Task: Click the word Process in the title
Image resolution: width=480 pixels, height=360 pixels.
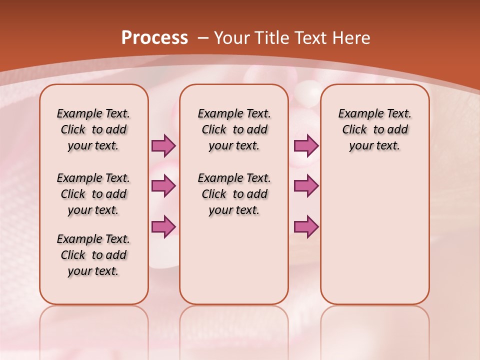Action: coord(154,37)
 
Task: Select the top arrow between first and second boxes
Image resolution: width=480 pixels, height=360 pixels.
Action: coord(163,145)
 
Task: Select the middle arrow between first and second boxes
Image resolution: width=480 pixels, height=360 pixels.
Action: coord(163,186)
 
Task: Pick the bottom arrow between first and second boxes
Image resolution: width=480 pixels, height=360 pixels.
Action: coord(163,226)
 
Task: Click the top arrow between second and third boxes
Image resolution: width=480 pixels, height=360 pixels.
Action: coord(306,145)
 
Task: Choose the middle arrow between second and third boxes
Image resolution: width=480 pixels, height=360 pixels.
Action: coord(306,186)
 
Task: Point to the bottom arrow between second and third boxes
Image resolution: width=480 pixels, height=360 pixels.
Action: coord(306,226)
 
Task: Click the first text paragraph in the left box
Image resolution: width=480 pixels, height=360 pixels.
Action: coord(93,129)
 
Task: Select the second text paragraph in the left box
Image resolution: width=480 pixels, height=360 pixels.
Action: coord(93,194)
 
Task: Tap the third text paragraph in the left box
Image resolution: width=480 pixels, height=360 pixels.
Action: coord(93,255)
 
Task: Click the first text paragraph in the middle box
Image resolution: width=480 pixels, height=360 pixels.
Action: coord(234,129)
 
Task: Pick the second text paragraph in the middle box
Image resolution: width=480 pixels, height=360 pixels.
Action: coord(234,194)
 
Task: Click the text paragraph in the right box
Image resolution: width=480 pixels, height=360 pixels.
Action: coord(375,129)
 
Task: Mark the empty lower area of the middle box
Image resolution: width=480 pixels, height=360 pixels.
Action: coord(234,260)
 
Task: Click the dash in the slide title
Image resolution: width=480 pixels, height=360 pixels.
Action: coord(203,38)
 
